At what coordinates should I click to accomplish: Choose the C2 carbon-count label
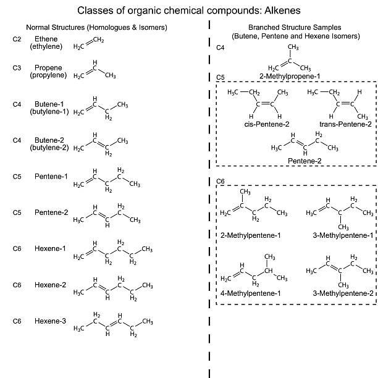point(17,39)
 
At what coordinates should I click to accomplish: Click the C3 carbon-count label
point(17,69)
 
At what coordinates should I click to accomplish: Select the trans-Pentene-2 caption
point(345,124)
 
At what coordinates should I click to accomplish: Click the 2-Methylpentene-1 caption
point(250,235)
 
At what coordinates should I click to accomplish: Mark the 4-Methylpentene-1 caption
point(250,293)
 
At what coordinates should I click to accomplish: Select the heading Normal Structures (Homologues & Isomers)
point(96,28)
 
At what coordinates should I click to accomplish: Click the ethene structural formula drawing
point(88,44)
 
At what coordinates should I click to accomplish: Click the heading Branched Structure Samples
point(295,28)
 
